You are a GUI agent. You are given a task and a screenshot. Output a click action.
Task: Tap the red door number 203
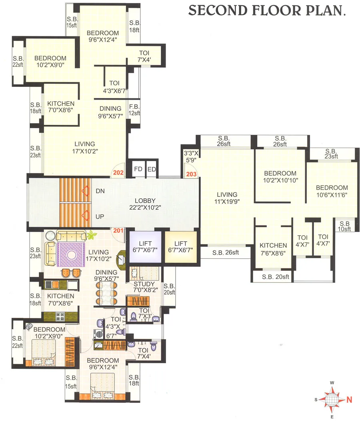click(192, 174)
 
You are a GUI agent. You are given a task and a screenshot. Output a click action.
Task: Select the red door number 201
click(118, 230)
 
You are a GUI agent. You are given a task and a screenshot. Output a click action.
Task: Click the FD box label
click(138, 169)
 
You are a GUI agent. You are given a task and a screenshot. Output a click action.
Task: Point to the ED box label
click(152, 169)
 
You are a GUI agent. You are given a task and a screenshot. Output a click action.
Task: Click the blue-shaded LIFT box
click(145, 247)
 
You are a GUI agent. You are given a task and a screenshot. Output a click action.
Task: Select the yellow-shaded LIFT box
click(181, 247)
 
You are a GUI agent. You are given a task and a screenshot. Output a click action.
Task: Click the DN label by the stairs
click(100, 191)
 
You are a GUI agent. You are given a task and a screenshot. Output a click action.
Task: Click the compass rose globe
click(331, 399)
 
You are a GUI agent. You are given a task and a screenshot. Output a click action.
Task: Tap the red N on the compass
click(348, 399)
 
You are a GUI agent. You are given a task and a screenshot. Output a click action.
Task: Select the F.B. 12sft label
click(134, 110)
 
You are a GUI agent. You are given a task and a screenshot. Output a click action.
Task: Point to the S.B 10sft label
click(344, 226)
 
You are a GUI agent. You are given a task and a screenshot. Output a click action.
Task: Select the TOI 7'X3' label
click(144, 313)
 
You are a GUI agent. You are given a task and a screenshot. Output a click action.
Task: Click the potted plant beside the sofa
click(92, 234)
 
